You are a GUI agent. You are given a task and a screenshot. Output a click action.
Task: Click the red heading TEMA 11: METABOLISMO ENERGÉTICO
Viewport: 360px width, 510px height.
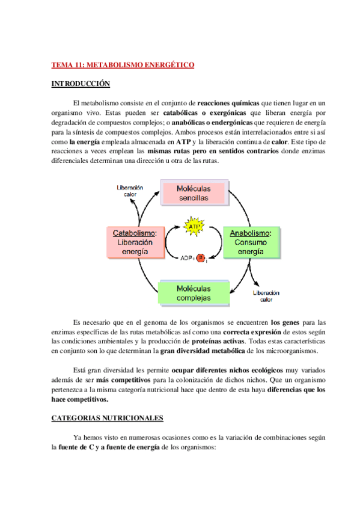(123, 65)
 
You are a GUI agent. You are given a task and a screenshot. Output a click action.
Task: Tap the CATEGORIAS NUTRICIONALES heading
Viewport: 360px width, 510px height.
(107, 417)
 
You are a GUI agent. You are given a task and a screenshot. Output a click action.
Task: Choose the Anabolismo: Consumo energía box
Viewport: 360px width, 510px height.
(251, 242)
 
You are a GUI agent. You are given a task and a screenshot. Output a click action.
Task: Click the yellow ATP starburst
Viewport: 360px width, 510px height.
(195, 227)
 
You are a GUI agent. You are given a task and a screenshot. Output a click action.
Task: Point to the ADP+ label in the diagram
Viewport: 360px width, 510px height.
(188, 259)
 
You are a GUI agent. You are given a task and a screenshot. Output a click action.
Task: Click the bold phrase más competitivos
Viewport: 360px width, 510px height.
(105, 380)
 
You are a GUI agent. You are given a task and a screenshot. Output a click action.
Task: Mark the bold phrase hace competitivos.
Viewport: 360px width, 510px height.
(80, 399)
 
